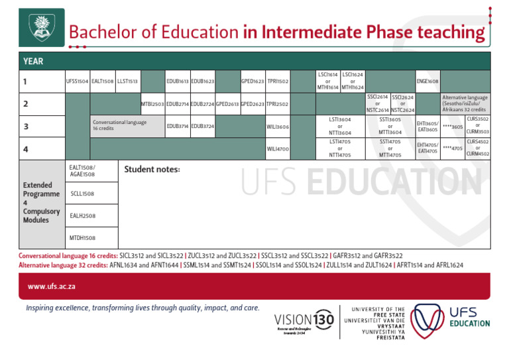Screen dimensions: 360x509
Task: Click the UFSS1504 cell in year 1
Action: click(x=77, y=82)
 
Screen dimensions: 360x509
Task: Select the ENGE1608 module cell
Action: click(x=427, y=82)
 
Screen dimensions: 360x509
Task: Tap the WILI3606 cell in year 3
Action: click(x=278, y=127)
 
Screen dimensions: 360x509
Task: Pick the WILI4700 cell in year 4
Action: click(x=278, y=149)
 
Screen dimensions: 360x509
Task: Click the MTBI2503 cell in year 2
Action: click(x=152, y=104)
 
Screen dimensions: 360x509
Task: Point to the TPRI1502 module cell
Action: click(x=278, y=82)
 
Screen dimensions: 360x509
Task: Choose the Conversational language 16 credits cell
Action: click(x=127, y=125)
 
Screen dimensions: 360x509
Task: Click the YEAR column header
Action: click(x=33, y=61)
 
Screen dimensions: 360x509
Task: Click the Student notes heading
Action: click(x=152, y=169)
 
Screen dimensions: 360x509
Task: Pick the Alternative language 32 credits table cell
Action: click(x=465, y=104)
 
